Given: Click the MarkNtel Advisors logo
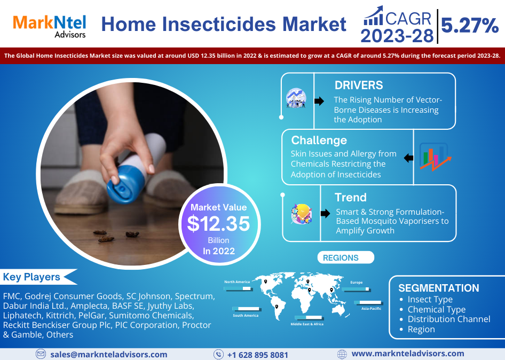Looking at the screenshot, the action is (x=49, y=26).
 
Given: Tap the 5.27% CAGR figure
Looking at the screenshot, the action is (x=470, y=26).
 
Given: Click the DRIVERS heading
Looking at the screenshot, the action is (x=358, y=85).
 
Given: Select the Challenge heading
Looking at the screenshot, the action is (x=319, y=140).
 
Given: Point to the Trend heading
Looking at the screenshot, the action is (x=350, y=197).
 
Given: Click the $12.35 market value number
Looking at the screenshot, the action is (x=218, y=224).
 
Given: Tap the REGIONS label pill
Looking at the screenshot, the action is (x=345, y=257).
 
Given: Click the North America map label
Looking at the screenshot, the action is (x=237, y=281).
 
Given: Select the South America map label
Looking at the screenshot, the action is (x=246, y=316).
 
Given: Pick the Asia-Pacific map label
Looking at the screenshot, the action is (x=371, y=308).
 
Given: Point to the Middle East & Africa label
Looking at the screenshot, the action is (x=307, y=324).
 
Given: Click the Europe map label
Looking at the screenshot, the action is (x=356, y=283).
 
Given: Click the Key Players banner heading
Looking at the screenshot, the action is (x=31, y=277).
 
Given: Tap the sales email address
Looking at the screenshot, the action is (x=108, y=355).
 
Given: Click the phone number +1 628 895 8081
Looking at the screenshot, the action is (x=257, y=355).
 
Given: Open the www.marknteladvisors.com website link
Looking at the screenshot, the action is (x=408, y=354).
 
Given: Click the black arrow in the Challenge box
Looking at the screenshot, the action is (x=409, y=158).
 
